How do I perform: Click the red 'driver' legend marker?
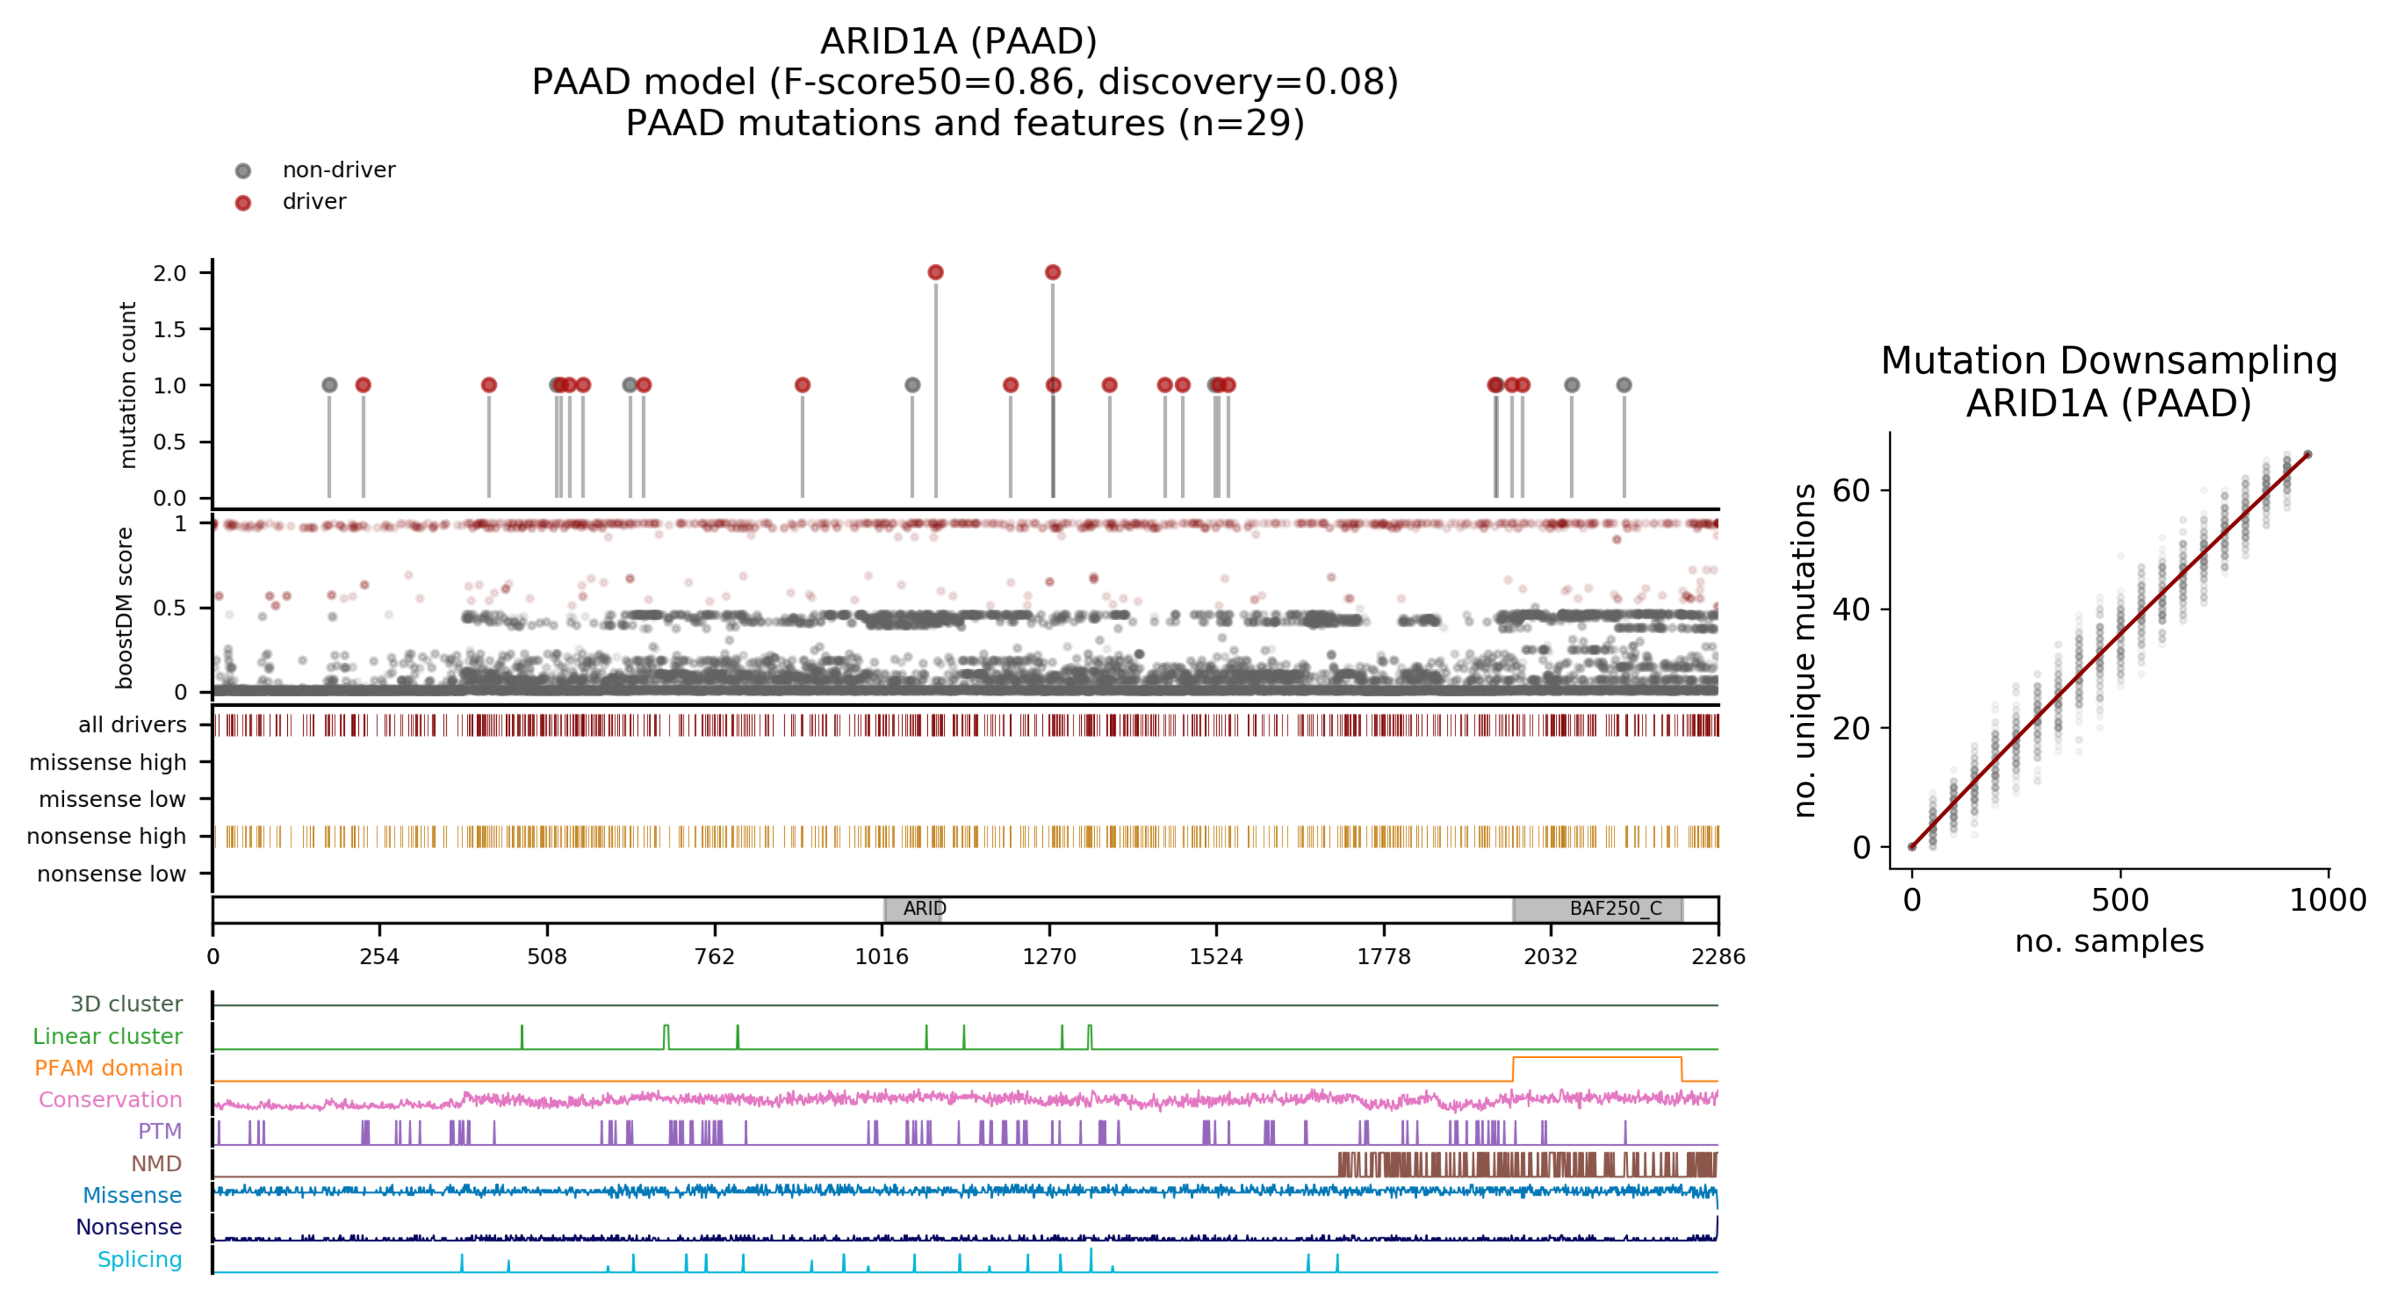pos(243,203)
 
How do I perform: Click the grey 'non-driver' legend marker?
pos(243,171)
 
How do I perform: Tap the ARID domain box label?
pos(924,908)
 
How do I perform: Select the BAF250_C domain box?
pos(1598,909)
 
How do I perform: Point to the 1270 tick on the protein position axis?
pos(1049,956)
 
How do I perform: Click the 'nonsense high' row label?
pos(106,836)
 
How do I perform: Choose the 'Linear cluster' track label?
pos(107,1036)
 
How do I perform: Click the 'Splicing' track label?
pos(140,1259)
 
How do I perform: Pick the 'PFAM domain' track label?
pos(108,1068)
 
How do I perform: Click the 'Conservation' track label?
pos(110,1099)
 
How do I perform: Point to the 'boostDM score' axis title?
pos(124,608)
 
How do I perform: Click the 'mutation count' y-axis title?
pos(128,385)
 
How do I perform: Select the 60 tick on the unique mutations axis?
pos(1851,491)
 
